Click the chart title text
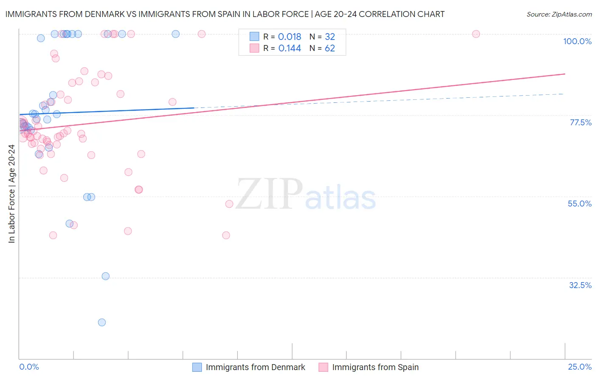click(225, 14)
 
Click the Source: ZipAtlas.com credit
click(559, 14)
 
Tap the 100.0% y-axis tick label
click(577, 41)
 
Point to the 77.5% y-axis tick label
click(580, 122)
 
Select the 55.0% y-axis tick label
click(580, 204)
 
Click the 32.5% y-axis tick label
click(580, 285)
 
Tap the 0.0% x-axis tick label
click(29, 367)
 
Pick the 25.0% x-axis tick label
click(580, 367)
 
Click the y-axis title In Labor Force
click(11, 194)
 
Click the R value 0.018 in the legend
click(290, 37)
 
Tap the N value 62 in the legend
click(330, 48)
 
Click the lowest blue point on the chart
click(102, 322)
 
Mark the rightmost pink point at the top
click(476, 34)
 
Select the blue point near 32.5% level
click(106, 276)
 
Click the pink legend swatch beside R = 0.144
click(254, 48)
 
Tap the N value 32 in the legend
click(330, 37)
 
